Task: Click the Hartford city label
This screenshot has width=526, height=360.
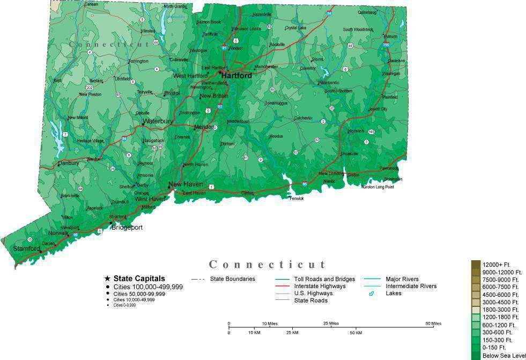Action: (236, 76)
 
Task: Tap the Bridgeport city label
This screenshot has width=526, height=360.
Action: (127, 227)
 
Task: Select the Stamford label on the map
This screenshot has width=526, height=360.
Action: (27, 248)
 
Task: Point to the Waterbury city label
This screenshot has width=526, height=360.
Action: (158, 121)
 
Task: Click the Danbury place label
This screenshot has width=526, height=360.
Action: (69, 163)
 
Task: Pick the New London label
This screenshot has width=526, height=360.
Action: (331, 173)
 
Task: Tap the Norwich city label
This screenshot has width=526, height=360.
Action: (356, 131)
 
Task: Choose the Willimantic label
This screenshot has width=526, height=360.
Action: (328, 83)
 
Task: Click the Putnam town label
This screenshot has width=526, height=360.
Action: (390, 36)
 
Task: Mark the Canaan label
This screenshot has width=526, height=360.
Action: (92, 4)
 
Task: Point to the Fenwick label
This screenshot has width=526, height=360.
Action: (297, 199)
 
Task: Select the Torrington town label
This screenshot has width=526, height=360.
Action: (138, 61)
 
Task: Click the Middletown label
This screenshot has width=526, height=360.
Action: (238, 121)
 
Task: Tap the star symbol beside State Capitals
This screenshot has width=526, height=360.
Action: (107, 278)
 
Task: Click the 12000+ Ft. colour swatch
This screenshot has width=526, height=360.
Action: (476, 264)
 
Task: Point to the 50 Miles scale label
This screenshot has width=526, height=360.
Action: (433, 324)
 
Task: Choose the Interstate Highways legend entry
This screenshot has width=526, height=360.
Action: (320, 286)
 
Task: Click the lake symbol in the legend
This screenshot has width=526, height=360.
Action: (371, 293)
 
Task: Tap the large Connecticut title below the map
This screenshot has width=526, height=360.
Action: (268, 265)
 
